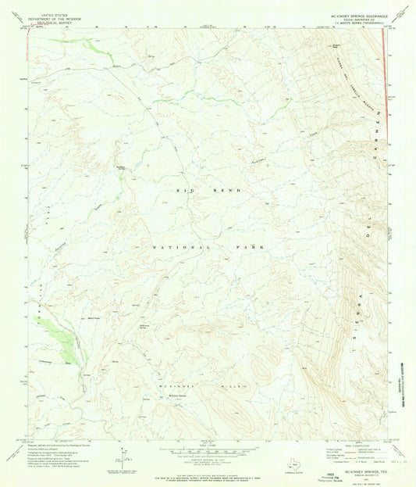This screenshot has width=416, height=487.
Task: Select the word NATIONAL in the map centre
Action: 177,247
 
